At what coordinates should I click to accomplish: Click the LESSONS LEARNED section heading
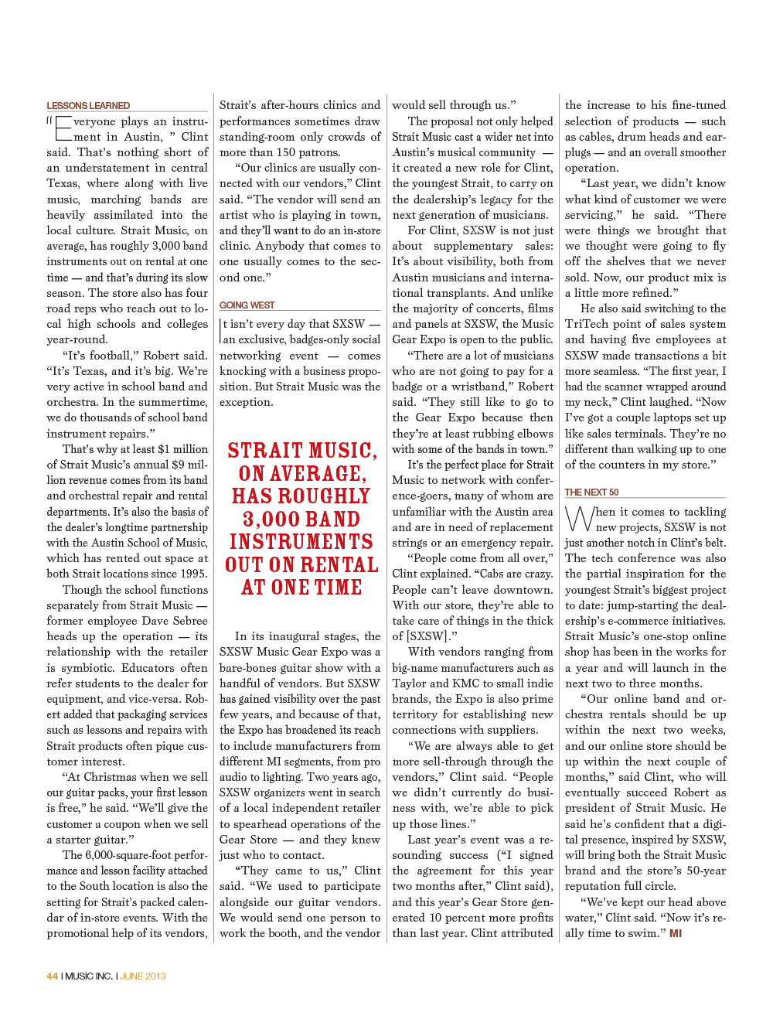pos(88,106)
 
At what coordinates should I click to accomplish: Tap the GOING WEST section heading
pos(247,305)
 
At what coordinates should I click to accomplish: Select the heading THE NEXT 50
pos(591,492)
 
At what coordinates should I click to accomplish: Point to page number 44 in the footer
pos(52,976)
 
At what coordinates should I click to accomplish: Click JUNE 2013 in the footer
pos(143,976)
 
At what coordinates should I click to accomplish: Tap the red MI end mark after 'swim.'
pos(676,933)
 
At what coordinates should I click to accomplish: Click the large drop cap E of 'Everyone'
pos(63,129)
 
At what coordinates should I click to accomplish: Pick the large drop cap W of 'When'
pos(578,519)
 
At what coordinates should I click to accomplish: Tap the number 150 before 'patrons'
pos(286,152)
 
